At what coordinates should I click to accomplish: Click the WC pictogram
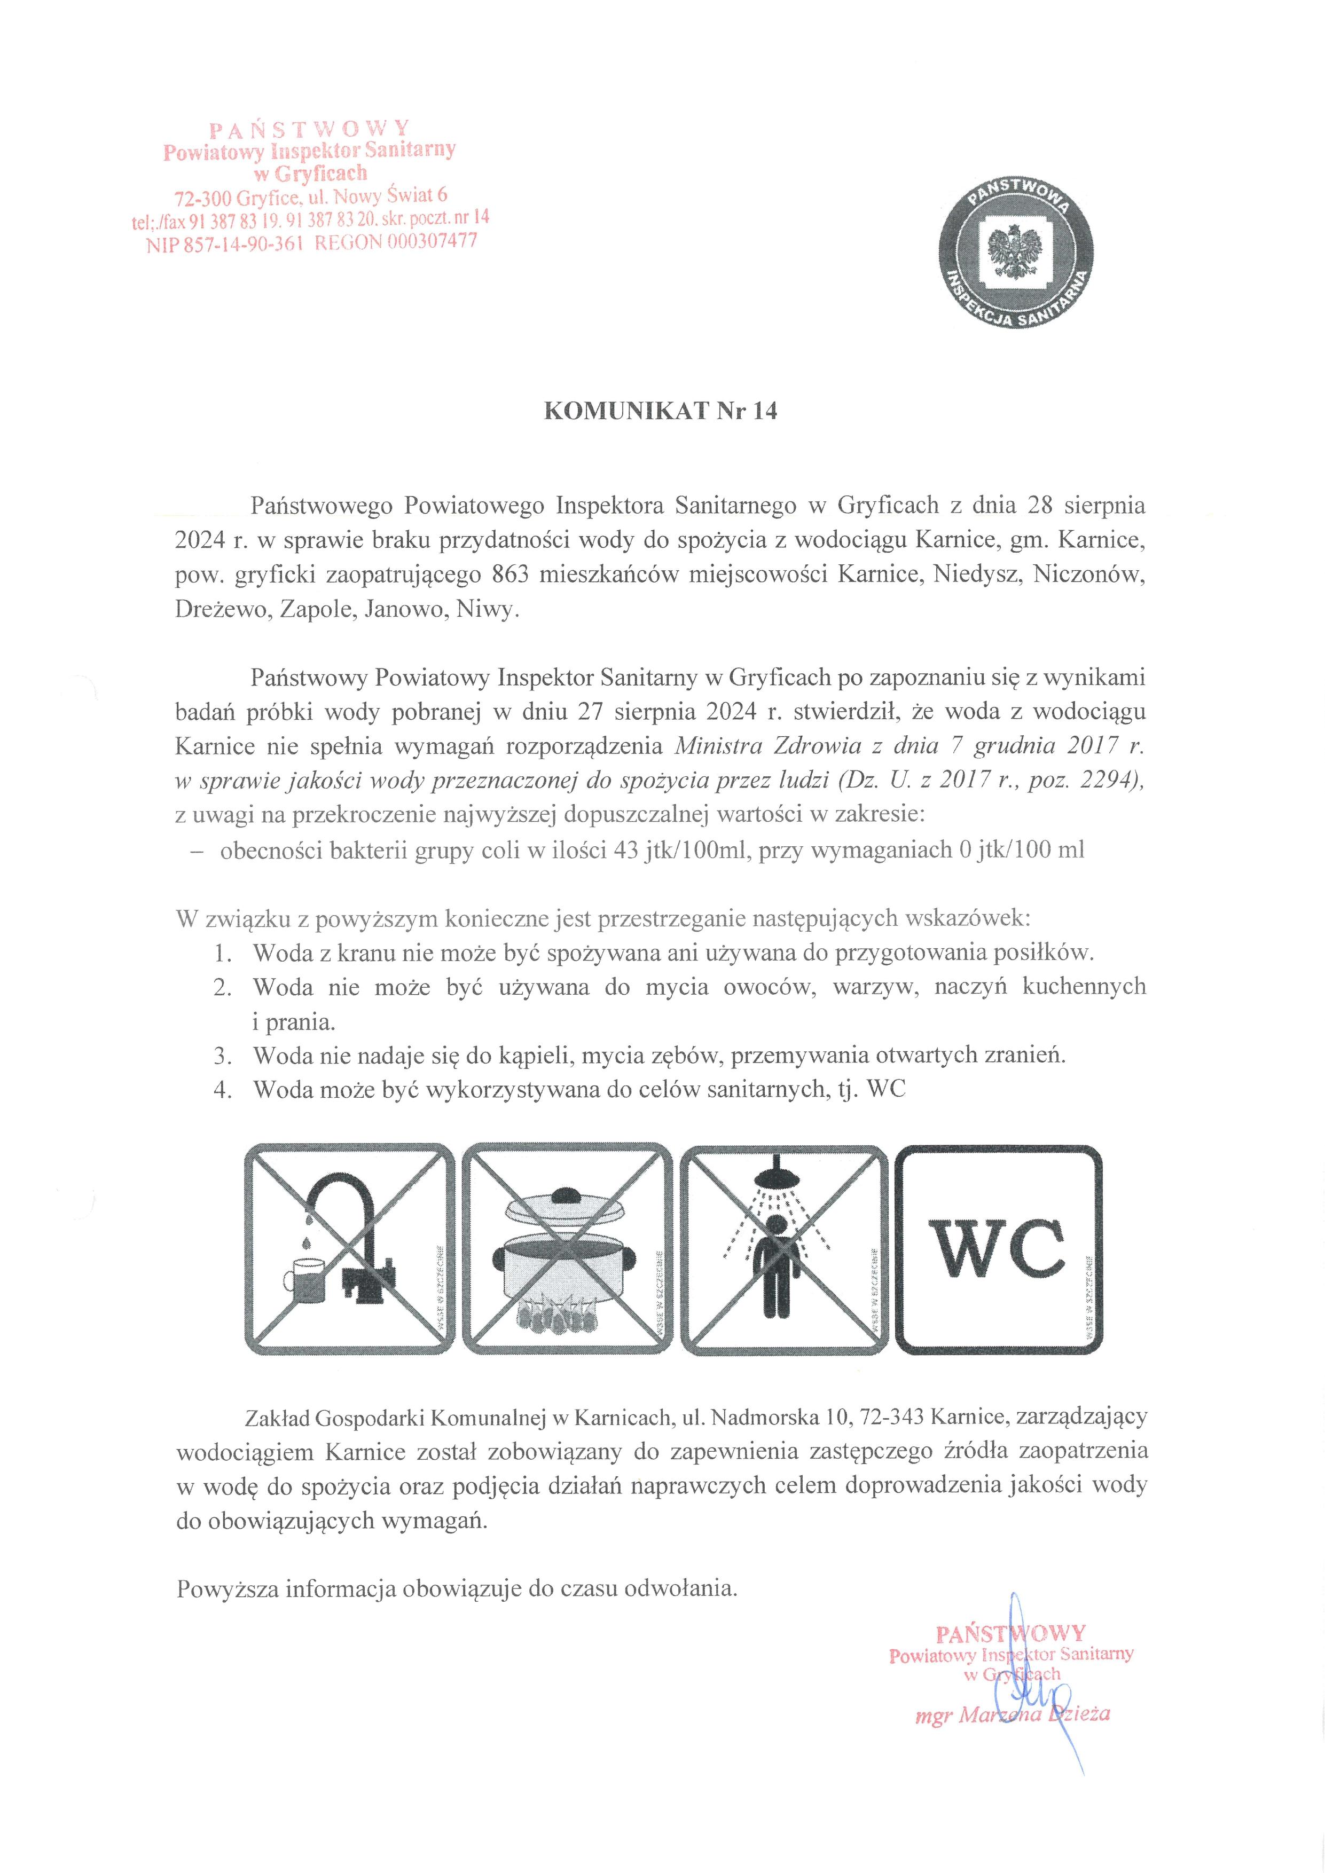(x=999, y=1249)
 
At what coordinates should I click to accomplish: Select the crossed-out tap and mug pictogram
(x=350, y=1249)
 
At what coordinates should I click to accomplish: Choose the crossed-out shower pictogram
(x=782, y=1249)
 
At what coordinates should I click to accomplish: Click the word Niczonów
(x=1088, y=575)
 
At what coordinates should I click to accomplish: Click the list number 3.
(x=223, y=1056)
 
